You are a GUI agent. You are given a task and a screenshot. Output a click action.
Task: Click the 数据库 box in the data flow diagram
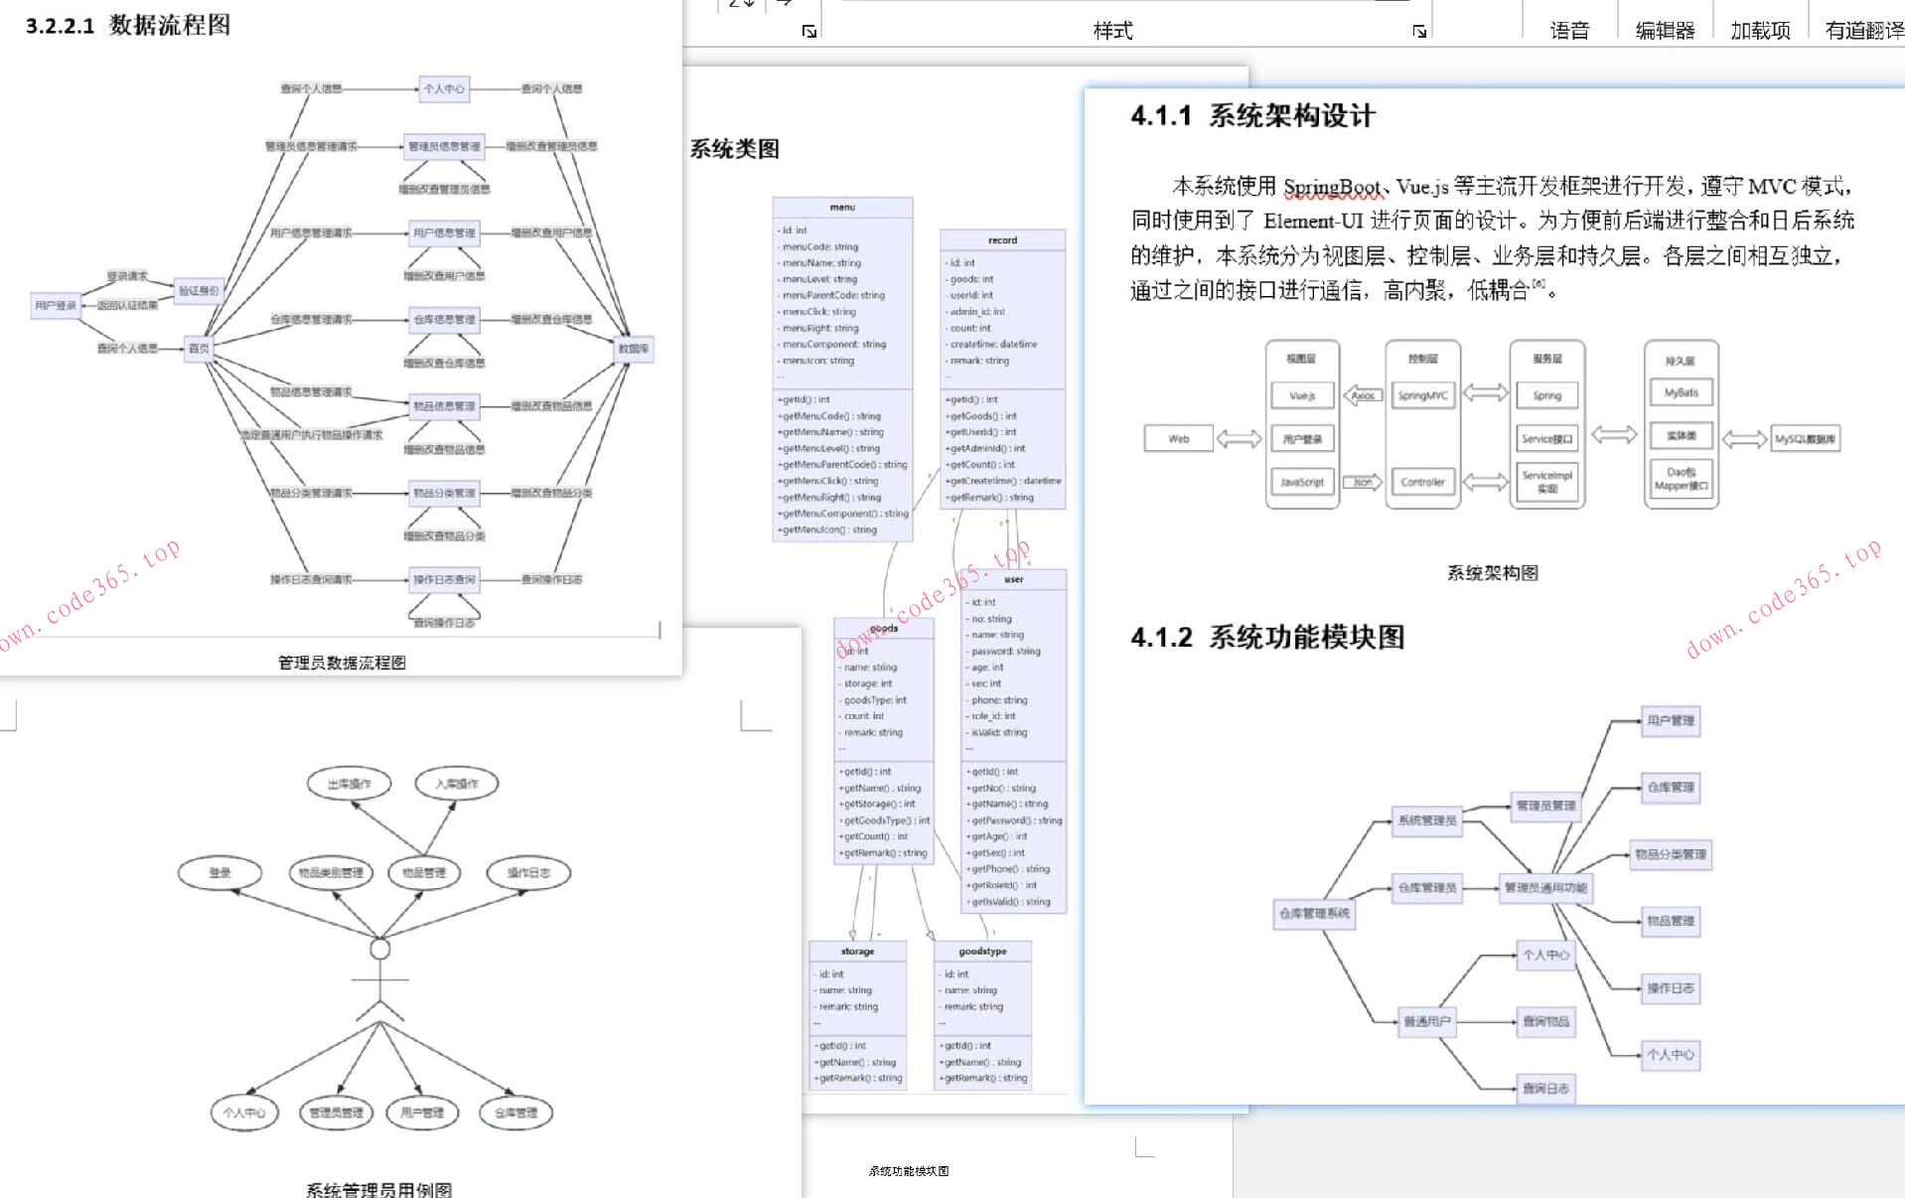[x=634, y=349]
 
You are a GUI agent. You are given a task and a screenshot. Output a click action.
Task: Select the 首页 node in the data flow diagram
[x=199, y=349]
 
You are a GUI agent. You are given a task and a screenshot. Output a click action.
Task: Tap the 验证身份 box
[x=199, y=291]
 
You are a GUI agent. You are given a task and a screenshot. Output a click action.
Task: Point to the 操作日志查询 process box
[x=444, y=579]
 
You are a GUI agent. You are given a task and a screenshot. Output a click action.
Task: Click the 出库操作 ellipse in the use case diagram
[x=349, y=784]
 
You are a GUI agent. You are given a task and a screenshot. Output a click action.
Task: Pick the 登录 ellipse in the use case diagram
[x=220, y=873]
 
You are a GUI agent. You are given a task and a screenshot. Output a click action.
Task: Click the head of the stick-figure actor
[x=379, y=949]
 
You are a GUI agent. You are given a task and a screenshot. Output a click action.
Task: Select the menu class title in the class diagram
[x=842, y=208]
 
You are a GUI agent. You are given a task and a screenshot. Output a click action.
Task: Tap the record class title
[x=1002, y=240]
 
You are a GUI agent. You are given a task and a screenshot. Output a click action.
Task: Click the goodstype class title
[x=982, y=952]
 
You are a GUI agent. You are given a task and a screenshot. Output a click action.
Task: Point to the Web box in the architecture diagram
[x=1178, y=439]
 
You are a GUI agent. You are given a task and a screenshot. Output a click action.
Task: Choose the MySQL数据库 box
[x=1805, y=439]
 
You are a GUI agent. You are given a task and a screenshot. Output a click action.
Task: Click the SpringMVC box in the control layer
[x=1422, y=395]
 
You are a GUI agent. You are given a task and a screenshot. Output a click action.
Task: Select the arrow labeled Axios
[x=1363, y=395]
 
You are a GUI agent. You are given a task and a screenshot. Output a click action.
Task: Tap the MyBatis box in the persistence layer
[x=1681, y=392]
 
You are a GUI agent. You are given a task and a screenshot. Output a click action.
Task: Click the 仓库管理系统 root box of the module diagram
[x=1314, y=913]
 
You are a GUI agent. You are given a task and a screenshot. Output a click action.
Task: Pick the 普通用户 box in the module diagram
[x=1426, y=1021]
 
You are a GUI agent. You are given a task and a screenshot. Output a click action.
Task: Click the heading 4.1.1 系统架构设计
[x=1253, y=116]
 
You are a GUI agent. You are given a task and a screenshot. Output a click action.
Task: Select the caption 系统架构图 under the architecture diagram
[x=1492, y=573]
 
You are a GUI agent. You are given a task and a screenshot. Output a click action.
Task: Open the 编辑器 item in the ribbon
[x=1665, y=30]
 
